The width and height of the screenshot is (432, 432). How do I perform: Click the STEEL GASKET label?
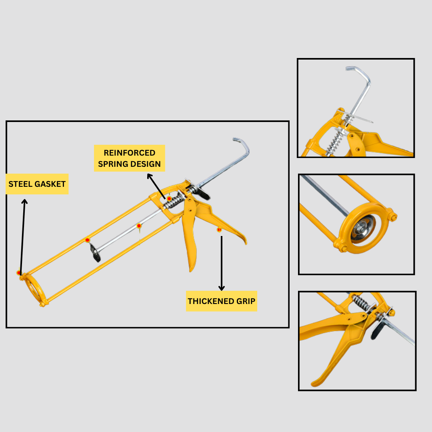tap(37, 184)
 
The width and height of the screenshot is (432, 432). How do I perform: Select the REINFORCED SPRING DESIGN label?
tap(130, 158)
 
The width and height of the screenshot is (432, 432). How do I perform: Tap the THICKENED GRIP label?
tap(222, 301)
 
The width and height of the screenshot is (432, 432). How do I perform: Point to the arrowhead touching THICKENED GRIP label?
tap(222, 288)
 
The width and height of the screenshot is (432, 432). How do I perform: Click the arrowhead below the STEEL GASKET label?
tap(24, 202)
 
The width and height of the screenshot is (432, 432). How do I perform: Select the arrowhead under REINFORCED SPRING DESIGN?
tap(150, 176)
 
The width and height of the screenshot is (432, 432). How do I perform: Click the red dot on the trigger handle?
tap(219, 230)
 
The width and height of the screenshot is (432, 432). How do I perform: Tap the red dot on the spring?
tap(169, 199)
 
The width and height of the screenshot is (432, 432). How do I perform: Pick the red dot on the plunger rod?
tap(139, 226)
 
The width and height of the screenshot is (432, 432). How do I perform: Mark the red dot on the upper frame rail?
tap(87, 240)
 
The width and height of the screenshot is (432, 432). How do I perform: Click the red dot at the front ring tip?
tap(19, 273)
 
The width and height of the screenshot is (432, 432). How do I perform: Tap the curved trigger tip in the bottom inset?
tap(317, 383)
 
